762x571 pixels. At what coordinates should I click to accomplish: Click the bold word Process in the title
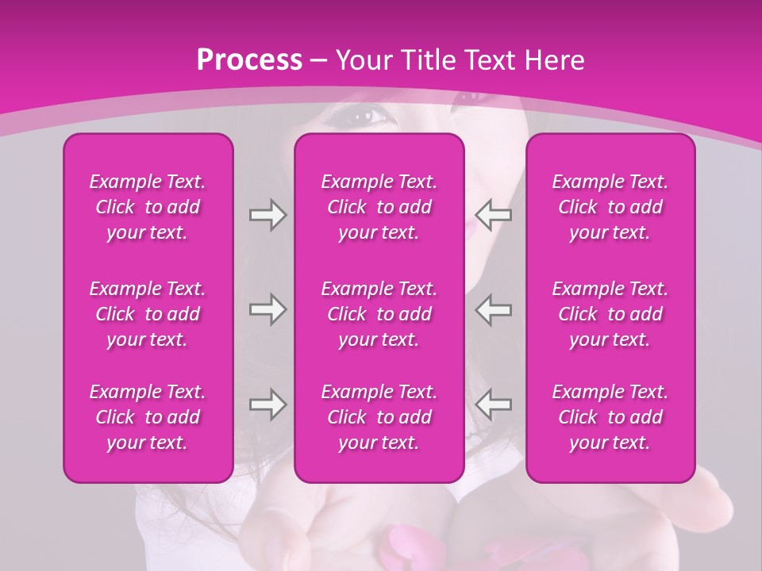click(x=249, y=60)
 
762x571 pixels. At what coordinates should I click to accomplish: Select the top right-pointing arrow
click(x=267, y=215)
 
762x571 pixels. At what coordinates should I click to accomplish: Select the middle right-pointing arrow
click(x=267, y=309)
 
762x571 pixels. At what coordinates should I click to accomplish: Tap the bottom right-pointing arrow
click(x=267, y=404)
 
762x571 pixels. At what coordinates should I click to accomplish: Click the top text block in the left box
click(x=148, y=207)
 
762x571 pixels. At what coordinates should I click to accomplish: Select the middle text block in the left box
click(x=148, y=314)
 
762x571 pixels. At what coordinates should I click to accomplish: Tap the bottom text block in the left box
click(x=148, y=417)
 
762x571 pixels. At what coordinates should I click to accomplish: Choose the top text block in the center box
click(x=379, y=207)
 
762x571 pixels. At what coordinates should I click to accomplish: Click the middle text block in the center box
click(x=379, y=314)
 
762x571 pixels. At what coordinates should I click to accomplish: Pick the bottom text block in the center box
click(x=379, y=417)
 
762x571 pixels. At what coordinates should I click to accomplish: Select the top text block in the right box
click(x=610, y=207)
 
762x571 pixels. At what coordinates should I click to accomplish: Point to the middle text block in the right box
click(x=610, y=314)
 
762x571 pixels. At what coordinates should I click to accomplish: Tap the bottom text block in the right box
click(x=610, y=417)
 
